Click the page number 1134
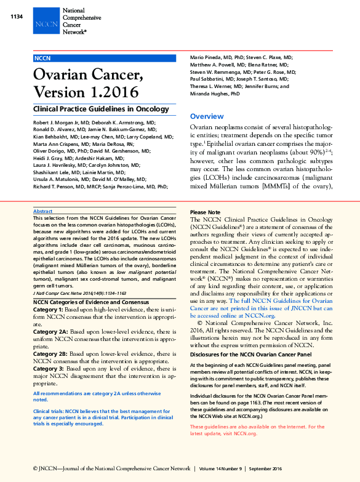point(17,16)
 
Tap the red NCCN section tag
point(42,57)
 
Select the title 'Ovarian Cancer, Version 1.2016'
point(88,85)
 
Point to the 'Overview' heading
point(207,116)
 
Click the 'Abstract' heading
point(43,211)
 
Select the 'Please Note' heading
point(205,212)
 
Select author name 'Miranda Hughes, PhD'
point(215,94)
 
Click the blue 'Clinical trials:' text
point(49,410)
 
